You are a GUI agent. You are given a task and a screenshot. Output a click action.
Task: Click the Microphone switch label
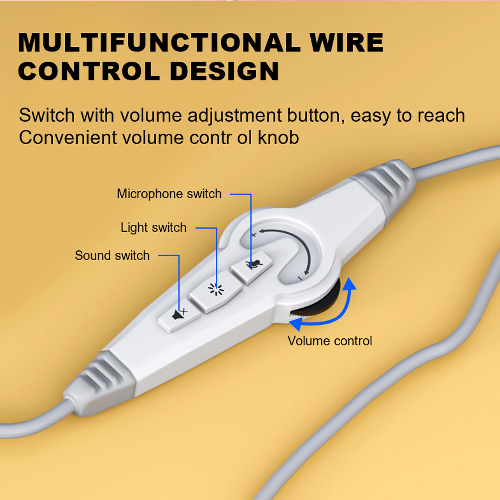169,194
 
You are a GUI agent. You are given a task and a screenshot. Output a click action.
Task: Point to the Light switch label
153,228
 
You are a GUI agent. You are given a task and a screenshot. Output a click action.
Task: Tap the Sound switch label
112,255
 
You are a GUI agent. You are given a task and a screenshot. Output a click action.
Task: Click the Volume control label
329,341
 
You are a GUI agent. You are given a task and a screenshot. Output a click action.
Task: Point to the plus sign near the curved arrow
254,235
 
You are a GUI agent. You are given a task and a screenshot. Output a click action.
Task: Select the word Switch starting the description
47,115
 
